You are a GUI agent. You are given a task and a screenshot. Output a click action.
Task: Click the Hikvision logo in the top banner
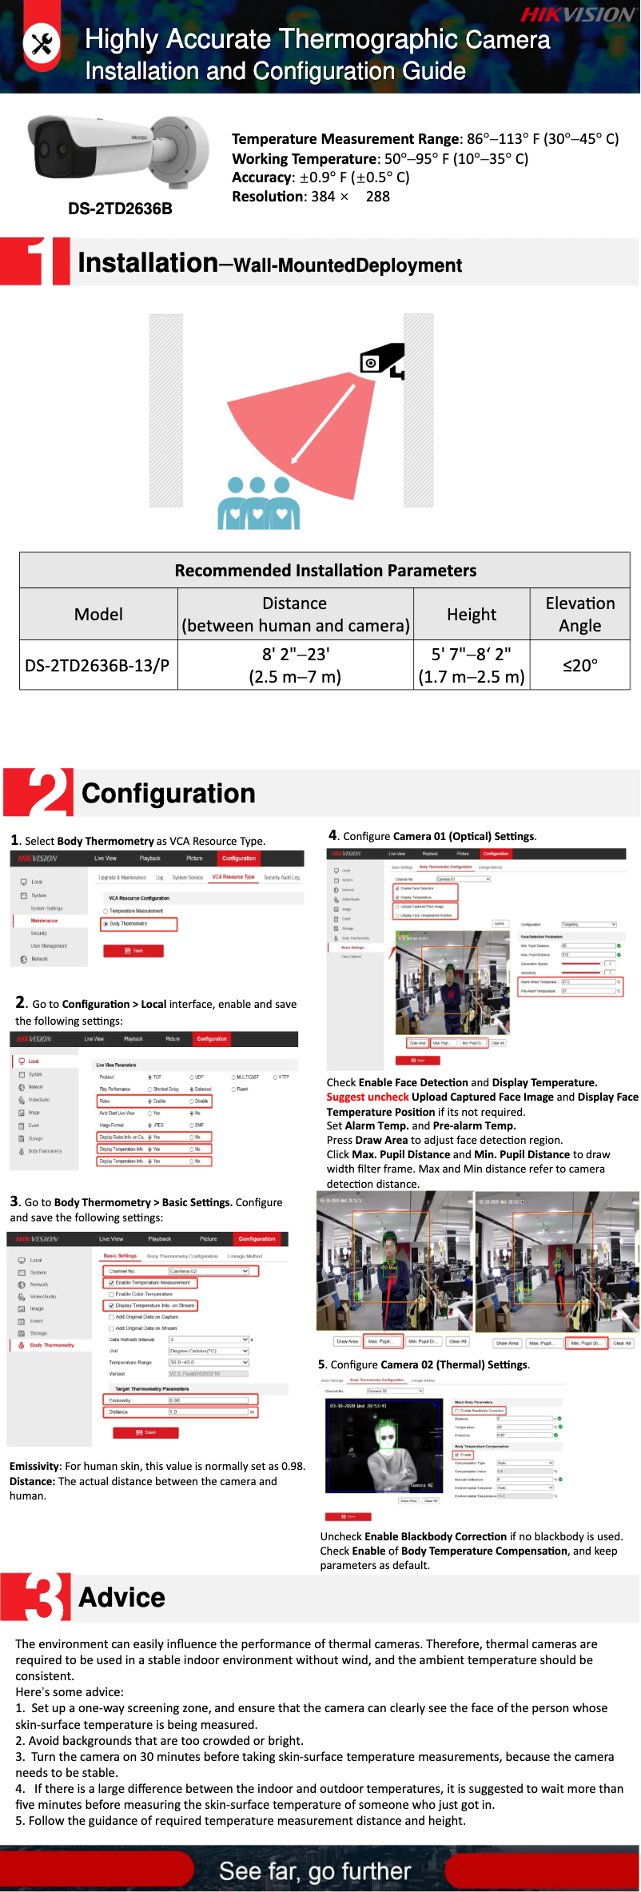[577, 14]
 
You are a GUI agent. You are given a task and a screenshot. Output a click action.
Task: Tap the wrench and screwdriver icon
[42, 43]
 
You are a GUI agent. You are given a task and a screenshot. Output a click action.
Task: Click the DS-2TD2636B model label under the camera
[120, 209]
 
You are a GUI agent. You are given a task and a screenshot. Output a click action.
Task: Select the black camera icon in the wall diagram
[381, 360]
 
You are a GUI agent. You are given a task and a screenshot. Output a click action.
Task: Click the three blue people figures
[258, 503]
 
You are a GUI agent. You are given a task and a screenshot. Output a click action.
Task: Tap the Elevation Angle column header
[579, 614]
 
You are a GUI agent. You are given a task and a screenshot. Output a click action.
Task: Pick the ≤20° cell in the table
[579, 665]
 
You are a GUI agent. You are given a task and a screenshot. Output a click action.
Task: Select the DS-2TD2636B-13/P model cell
[98, 665]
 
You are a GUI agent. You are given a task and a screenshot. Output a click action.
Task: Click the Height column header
[472, 614]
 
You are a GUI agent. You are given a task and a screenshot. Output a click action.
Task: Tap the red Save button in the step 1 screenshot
[133, 950]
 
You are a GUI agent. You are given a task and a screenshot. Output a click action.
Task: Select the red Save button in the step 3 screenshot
[145, 1432]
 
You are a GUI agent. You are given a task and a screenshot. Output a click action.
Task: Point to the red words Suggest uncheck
[368, 1097]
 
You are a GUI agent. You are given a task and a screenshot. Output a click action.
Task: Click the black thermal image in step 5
[384, 1445]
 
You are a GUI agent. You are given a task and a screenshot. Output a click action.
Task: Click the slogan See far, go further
[315, 1870]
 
